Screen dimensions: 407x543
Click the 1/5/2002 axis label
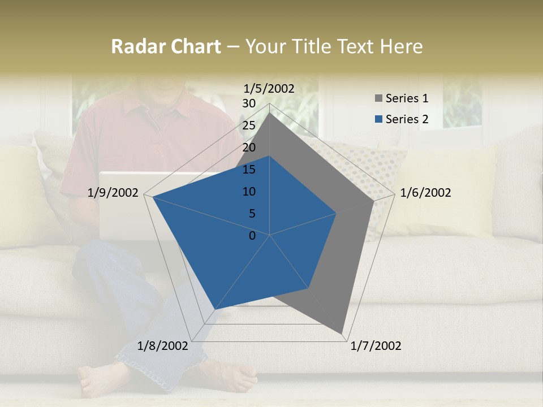[x=269, y=89]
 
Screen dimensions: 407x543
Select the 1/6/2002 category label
[x=425, y=193]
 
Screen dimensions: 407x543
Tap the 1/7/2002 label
[x=376, y=346]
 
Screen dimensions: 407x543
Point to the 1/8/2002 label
[x=163, y=346]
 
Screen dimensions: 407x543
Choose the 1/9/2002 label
[x=113, y=193]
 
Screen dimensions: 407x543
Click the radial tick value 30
[x=249, y=103]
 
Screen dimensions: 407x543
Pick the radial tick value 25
[x=249, y=125]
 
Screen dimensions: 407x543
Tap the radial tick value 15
[x=249, y=170]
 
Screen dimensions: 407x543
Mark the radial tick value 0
[x=252, y=236]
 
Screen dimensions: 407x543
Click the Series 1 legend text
[x=407, y=98]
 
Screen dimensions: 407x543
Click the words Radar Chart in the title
[x=166, y=47]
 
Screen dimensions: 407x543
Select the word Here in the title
[x=402, y=47]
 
